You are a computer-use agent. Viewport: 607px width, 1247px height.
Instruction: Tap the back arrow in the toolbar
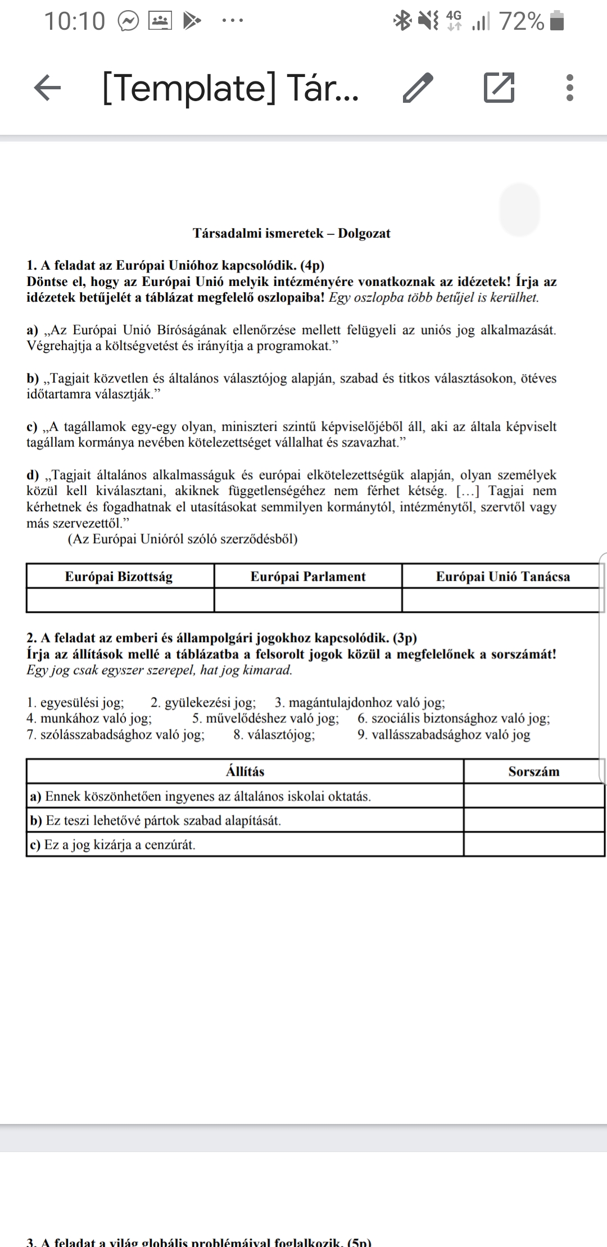(x=48, y=88)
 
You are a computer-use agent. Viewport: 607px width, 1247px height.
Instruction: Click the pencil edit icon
(x=418, y=88)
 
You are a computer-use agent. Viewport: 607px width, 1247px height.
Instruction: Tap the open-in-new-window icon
(x=499, y=88)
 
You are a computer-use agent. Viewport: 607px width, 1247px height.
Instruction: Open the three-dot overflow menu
(x=570, y=88)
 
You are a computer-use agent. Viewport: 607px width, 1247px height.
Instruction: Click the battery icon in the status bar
(x=556, y=21)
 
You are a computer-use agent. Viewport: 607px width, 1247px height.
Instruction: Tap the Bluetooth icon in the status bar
(x=402, y=21)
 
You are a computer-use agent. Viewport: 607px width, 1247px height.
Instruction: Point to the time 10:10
(x=74, y=22)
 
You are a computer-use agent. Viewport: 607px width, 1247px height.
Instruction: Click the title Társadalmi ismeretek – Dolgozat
(x=292, y=233)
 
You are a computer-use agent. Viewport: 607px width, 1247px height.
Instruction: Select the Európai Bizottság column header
(x=119, y=576)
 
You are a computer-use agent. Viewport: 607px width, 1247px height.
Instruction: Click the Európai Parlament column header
(x=308, y=576)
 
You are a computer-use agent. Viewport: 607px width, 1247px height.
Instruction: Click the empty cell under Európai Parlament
(x=308, y=600)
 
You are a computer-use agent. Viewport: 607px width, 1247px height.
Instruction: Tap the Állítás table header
(x=245, y=771)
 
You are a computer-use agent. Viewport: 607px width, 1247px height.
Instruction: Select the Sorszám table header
(x=534, y=771)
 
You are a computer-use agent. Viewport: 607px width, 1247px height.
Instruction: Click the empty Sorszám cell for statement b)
(x=534, y=820)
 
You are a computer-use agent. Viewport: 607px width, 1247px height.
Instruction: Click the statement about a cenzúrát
(x=112, y=845)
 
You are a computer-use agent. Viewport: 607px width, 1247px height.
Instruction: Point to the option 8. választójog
(x=274, y=734)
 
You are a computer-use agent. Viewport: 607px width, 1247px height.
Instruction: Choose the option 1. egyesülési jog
(x=75, y=702)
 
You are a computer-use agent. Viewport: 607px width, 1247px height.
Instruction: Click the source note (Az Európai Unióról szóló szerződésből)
(x=183, y=539)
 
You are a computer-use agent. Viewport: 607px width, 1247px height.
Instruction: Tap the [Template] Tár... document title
(x=230, y=88)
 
